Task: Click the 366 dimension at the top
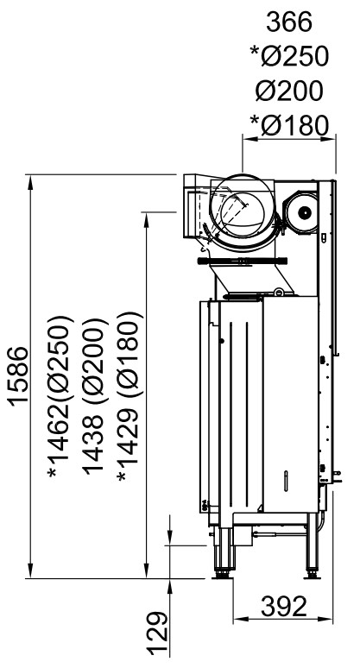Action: (x=289, y=22)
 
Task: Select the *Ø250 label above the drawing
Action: (x=290, y=56)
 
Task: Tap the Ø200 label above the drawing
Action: (x=290, y=91)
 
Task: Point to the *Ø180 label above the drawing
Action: (x=290, y=125)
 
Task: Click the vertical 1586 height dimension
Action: (x=19, y=376)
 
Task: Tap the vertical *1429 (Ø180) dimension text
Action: (x=128, y=396)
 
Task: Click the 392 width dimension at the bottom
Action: (x=284, y=606)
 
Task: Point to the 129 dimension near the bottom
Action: (x=157, y=633)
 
